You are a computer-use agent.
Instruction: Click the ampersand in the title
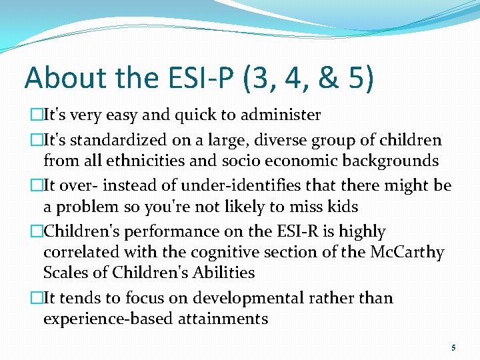[x=327, y=78]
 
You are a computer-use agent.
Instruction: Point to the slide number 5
[x=453, y=348]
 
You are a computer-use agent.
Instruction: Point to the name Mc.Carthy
[x=408, y=252]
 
